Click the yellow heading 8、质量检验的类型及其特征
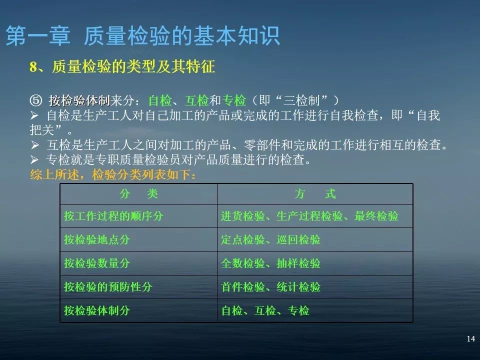click(x=122, y=67)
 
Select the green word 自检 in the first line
click(x=160, y=100)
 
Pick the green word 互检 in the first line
click(x=196, y=100)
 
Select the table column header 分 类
click(x=138, y=194)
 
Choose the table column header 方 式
click(x=315, y=194)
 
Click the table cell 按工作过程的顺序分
click(x=113, y=216)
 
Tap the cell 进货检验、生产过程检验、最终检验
click(x=310, y=216)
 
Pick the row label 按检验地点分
click(x=97, y=240)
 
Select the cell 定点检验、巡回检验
click(x=270, y=240)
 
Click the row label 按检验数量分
click(x=97, y=263)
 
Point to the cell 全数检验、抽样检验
click(x=270, y=263)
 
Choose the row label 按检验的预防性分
click(x=108, y=287)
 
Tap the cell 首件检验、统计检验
click(x=270, y=287)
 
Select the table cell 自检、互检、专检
click(x=265, y=311)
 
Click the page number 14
click(x=470, y=339)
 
